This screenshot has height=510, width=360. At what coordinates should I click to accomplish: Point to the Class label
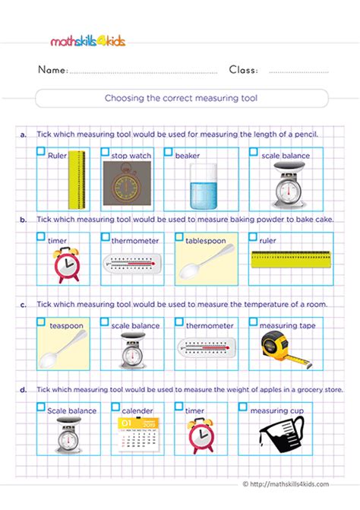pyautogui.click(x=243, y=70)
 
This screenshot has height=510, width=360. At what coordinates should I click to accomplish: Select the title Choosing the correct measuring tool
pyautogui.click(x=182, y=98)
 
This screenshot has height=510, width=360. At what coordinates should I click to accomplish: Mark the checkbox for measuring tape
pyautogui.click(x=254, y=322)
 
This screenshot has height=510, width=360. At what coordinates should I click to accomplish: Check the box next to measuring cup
pyautogui.click(x=243, y=407)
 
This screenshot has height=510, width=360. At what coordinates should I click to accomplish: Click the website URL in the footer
pyautogui.click(x=300, y=483)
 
